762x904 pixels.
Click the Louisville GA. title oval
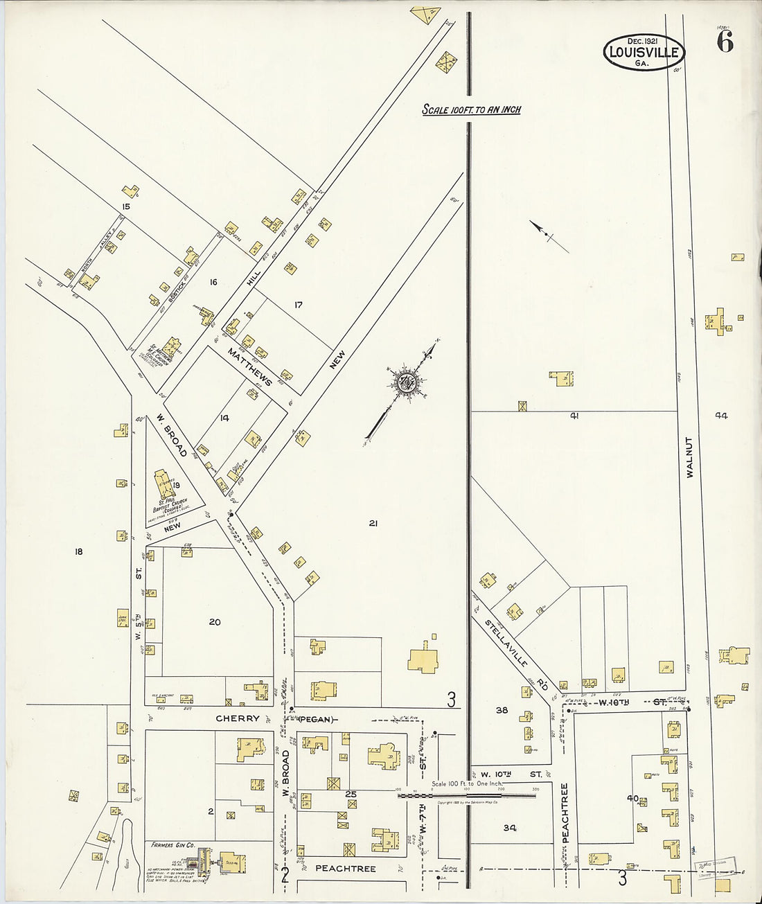(644, 52)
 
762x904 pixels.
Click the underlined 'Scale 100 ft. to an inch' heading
(472, 109)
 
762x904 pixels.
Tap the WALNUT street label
(689, 457)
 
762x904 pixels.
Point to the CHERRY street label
(238, 718)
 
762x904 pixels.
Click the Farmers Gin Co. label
(172, 845)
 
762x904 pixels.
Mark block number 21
(373, 524)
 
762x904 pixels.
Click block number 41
(574, 416)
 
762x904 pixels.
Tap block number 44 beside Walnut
(721, 416)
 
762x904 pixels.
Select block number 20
(215, 622)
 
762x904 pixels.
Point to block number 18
(78, 551)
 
